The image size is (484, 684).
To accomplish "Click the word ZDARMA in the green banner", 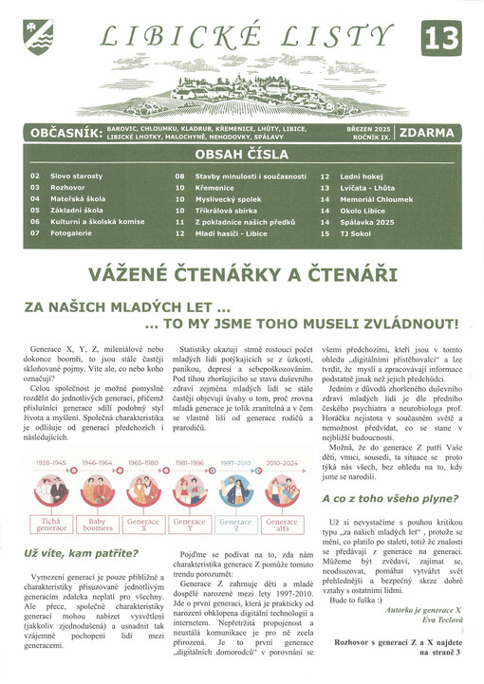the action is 427,133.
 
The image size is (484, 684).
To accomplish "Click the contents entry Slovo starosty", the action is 76,176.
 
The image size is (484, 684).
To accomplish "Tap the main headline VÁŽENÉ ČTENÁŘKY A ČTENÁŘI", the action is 242,275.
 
